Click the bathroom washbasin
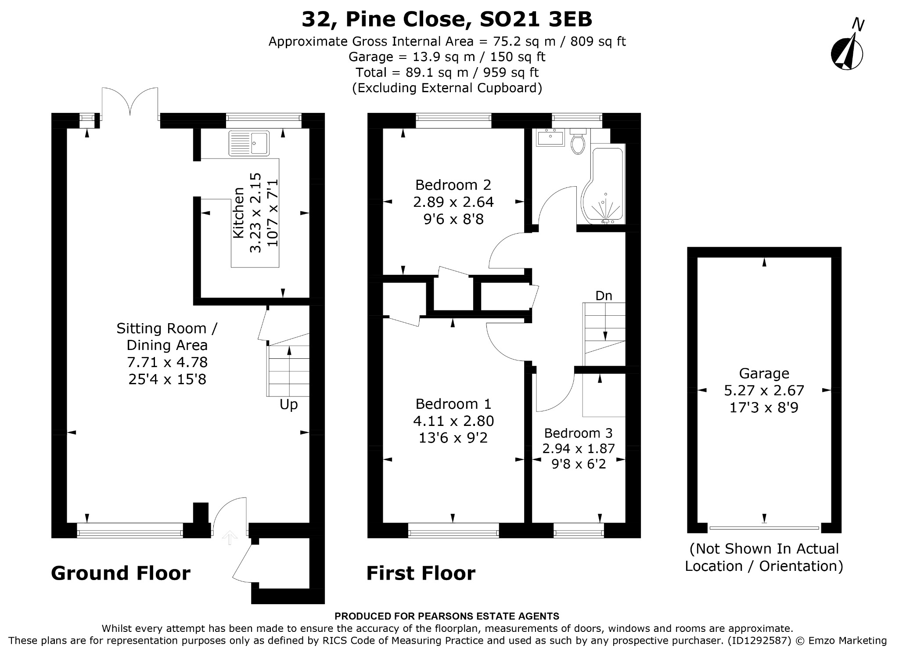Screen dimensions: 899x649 [x=550, y=137]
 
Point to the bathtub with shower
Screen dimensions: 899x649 [x=603, y=185]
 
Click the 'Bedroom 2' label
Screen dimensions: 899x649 [x=453, y=185]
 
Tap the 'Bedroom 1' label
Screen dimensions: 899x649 [x=453, y=404]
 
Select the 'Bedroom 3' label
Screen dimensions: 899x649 [x=578, y=433]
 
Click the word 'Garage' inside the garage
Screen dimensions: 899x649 [x=764, y=373]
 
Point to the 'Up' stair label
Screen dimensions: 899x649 [x=288, y=404]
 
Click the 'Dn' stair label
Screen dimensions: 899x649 [x=604, y=296]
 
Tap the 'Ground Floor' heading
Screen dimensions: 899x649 [x=121, y=573]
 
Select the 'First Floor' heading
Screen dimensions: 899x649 [x=421, y=573]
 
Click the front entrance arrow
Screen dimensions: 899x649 [x=229, y=537]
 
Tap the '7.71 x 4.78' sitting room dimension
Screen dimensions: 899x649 [x=167, y=362]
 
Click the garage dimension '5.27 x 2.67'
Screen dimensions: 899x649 [x=764, y=390]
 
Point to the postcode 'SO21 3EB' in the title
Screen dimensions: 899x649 [x=536, y=19]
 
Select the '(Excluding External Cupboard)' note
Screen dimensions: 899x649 [x=447, y=88]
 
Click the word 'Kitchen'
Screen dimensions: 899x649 [x=238, y=213]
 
